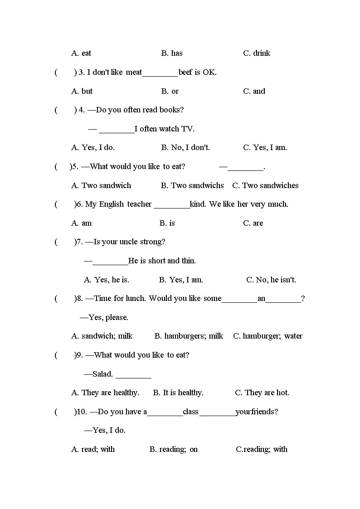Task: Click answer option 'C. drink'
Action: point(257,53)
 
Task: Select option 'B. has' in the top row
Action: point(172,53)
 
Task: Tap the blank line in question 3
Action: point(160,73)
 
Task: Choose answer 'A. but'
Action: point(82,91)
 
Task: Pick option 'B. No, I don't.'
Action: point(185,147)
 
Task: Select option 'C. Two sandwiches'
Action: point(265,185)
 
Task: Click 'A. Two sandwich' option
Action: point(101,185)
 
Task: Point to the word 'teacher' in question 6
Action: point(139,204)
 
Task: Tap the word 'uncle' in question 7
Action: point(130,242)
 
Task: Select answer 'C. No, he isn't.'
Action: point(271,280)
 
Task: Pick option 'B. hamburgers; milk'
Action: point(189,336)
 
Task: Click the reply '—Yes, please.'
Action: point(104,317)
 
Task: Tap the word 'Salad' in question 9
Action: point(102,374)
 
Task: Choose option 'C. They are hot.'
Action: point(262,393)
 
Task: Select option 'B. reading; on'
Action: point(174,450)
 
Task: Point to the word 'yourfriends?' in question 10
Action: point(257,412)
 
